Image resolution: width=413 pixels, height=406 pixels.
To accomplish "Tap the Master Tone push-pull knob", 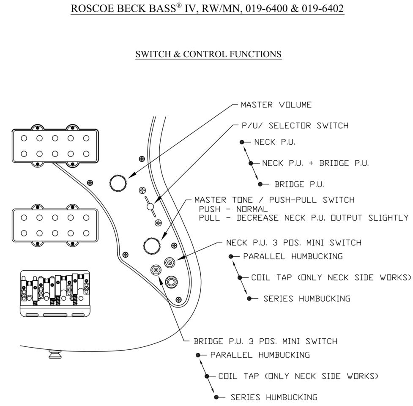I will (152, 245).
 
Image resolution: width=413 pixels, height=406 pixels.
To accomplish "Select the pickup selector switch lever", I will (150, 206).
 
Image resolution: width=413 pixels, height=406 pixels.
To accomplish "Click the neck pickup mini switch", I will (170, 263).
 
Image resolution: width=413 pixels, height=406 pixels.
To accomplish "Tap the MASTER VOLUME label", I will (276, 104).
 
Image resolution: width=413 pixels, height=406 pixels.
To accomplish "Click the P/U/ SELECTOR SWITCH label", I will (295, 126).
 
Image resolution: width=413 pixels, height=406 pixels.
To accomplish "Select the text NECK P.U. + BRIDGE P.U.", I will (315, 163).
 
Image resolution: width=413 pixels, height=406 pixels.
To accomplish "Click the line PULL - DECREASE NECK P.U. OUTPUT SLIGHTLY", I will (304, 218).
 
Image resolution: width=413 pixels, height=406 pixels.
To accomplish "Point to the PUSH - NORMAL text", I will (233, 209).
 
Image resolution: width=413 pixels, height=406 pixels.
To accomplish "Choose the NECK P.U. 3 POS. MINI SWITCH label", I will (294, 243).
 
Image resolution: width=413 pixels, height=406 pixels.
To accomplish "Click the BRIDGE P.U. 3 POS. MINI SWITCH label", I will (265, 341).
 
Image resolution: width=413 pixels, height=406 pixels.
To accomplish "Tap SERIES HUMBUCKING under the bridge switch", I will (274, 397).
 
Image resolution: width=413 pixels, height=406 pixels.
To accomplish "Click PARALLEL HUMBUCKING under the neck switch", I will (293, 256).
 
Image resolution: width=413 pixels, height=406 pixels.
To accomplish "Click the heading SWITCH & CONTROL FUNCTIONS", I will (208, 54).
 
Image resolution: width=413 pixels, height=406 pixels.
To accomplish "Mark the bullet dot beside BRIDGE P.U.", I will (260, 184).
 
